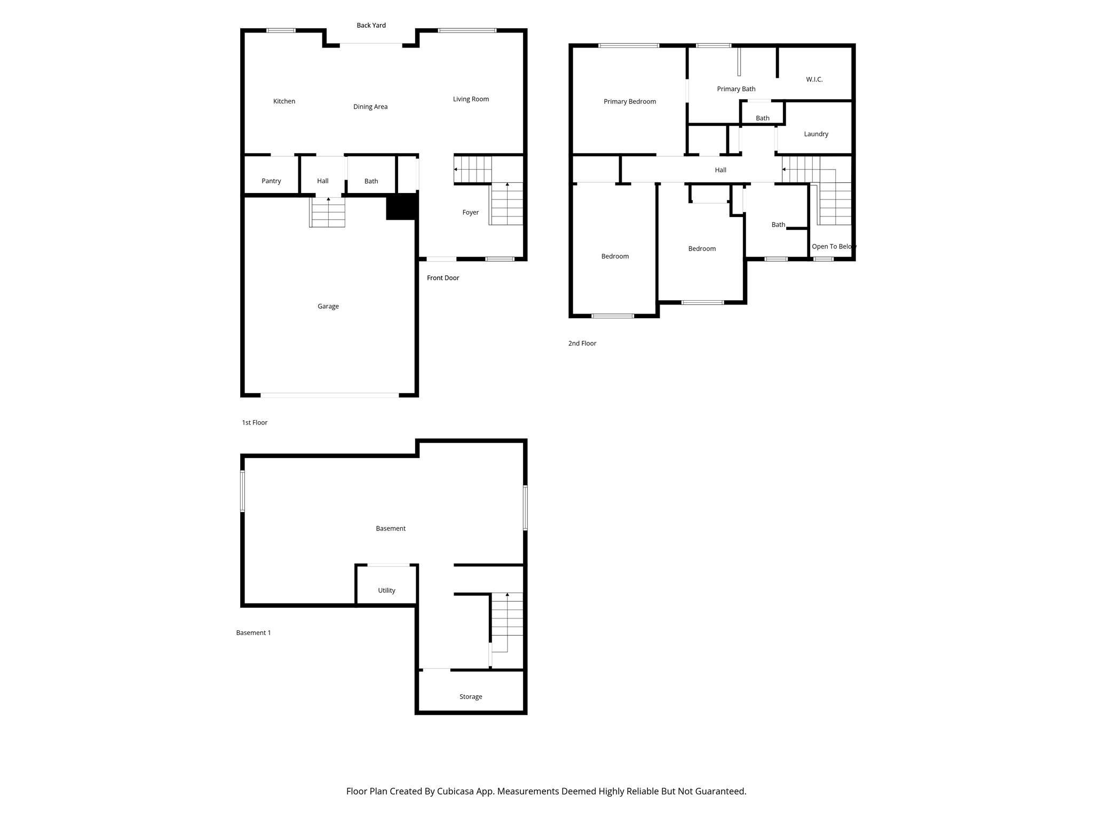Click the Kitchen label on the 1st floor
[x=284, y=101]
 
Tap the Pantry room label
[x=271, y=181]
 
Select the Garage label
[x=328, y=306]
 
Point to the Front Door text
[x=442, y=278]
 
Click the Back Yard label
[x=371, y=25]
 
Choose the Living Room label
[x=471, y=99]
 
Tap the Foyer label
[x=470, y=212]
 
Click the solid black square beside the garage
[x=401, y=206]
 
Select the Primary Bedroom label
[x=630, y=101]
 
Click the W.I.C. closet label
[x=814, y=79]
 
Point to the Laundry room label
[x=816, y=134]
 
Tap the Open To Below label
[x=834, y=246]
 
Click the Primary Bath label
[x=736, y=89]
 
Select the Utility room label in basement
[x=386, y=590]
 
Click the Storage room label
[x=470, y=696]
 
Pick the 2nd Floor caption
[x=582, y=343]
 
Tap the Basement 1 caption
[x=254, y=633]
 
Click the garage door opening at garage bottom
[x=329, y=395]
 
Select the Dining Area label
[x=370, y=107]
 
